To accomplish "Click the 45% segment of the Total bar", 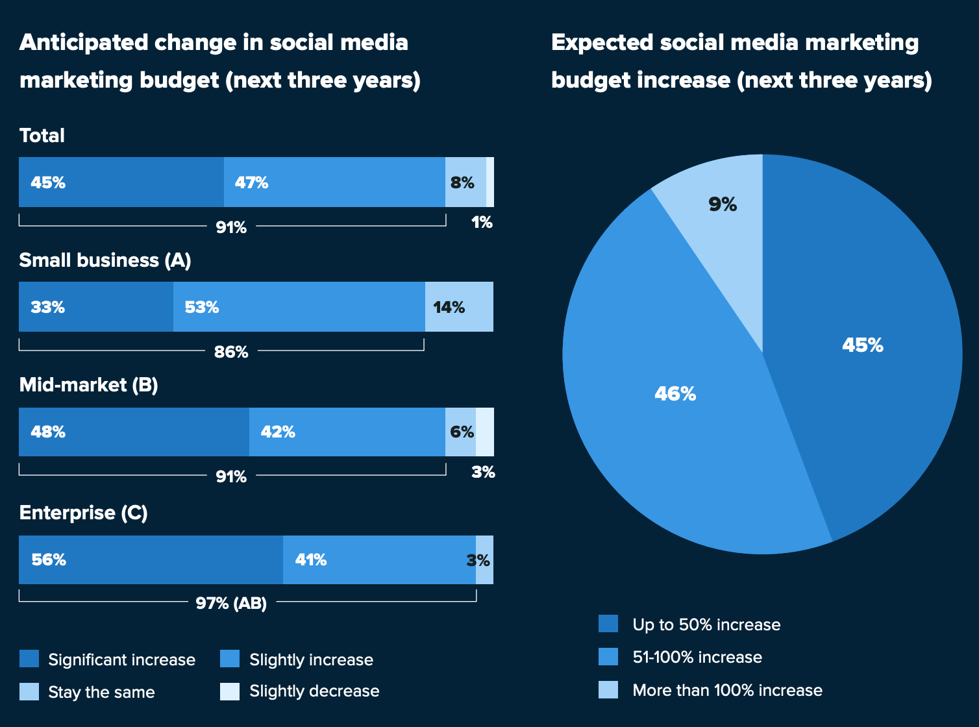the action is pos(121,182).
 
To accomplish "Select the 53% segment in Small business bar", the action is pos(299,306).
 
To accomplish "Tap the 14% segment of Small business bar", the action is pos(459,306).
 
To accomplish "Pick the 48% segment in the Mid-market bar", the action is pos(134,432).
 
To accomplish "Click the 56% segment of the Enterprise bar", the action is pos(151,560).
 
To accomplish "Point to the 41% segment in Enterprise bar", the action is pos(380,560).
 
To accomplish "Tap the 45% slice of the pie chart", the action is pos(861,349).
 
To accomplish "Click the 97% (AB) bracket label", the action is pos(231,603).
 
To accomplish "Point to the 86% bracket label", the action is pos(231,352).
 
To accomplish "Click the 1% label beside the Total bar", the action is pos(482,222).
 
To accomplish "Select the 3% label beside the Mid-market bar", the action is pos(483,472).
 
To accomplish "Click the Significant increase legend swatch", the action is pos(29,658).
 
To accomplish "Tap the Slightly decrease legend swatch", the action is pos(230,691).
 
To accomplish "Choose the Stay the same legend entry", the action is pos(88,692).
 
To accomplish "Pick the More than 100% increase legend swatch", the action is pos(608,689).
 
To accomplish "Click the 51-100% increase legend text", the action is pos(697,657).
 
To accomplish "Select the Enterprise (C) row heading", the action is pos(83,513).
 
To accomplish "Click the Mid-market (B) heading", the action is pos(89,385).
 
